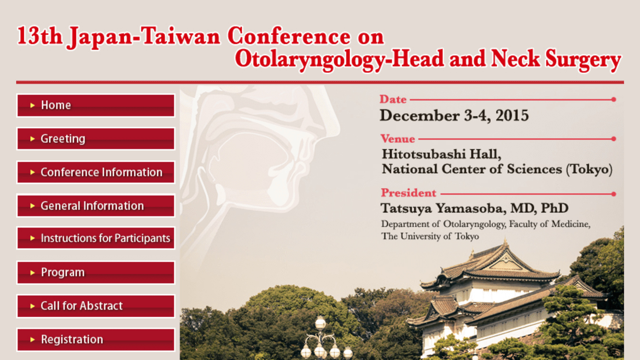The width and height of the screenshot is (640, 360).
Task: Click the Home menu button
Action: (x=96, y=105)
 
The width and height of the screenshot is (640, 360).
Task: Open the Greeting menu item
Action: (x=96, y=139)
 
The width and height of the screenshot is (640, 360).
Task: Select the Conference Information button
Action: (x=96, y=172)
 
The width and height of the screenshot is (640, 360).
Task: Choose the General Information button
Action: (x=96, y=206)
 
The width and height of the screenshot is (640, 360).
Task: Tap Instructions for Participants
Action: (x=96, y=238)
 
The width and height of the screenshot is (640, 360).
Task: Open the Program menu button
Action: (x=96, y=272)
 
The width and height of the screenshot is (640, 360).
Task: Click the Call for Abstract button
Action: (x=96, y=306)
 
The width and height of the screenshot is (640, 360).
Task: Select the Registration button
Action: (x=96, y=340)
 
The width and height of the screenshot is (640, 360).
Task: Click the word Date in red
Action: (x=393, y=100)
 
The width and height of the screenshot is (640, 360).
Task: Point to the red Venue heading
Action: (x=398, y=139)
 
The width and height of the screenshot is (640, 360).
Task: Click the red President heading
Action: (x=409, y=193)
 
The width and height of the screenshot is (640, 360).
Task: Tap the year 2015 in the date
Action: (x=512, y=115)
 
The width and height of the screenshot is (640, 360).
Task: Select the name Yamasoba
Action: (x=471, y=208)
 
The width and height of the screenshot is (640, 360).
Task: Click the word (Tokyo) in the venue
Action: (x=590, y=170)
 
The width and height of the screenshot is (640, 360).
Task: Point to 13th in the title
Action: (x=40, y=36)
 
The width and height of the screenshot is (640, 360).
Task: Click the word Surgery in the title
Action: (x=583, y=60)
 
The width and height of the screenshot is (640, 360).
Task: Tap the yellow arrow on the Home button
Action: (x=32, y=105)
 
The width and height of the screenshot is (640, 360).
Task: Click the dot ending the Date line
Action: (x=614, y=100)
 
